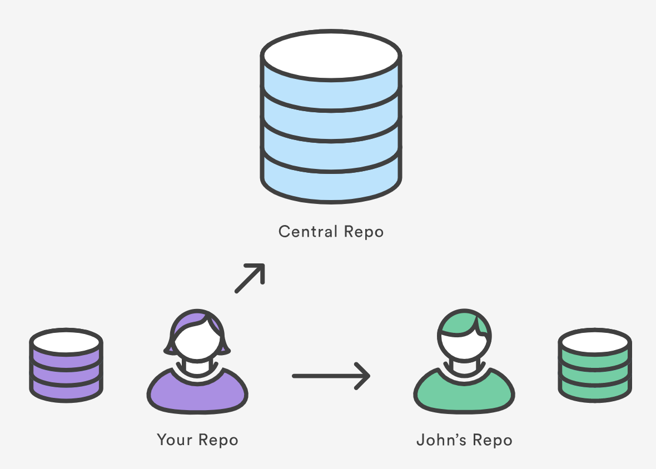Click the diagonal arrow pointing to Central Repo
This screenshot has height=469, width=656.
(x=250, y=278)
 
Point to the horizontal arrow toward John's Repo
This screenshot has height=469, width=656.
(x=331, y=376)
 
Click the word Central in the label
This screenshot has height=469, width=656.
(x=307, y=231)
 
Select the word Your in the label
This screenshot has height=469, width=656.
(x=175, y=440)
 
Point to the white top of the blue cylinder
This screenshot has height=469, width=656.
(x=331, y=55)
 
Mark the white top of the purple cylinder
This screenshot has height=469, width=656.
(x=66, y=340)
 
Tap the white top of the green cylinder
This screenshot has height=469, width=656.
(x=594, y=340)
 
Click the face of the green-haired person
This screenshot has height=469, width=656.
(x=464, y=345)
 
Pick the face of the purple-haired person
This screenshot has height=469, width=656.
(x=197, y=345)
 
